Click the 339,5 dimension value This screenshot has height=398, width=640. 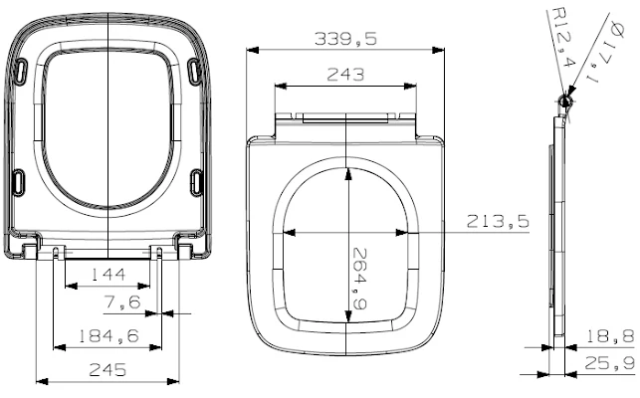(x=345, y=39)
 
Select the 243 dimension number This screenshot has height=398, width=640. (x=345, y=75)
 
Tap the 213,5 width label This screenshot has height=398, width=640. (x=498, y=222)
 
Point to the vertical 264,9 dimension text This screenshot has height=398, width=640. (x=359, y=279)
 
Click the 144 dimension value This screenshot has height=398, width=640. (x=108, y=275)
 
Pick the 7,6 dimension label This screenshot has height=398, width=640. (x=122, y=302)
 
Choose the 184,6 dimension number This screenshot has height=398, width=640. (x=108, y=336)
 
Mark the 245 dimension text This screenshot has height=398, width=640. (x=107, y=370)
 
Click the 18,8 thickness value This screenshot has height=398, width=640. (x=610, y=336)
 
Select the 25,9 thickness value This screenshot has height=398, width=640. (x=610, y=363)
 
